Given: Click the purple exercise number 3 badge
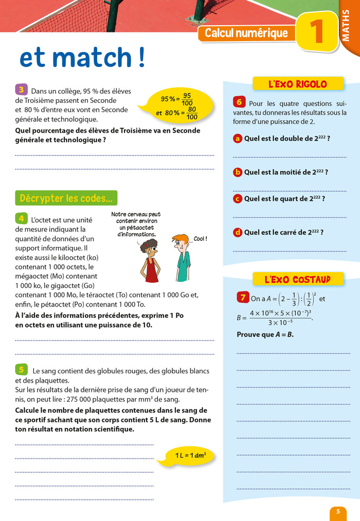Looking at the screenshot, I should (21, 89).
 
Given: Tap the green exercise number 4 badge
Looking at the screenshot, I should (21, 218).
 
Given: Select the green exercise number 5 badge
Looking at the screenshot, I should (21, 369).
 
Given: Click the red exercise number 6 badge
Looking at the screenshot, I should (239, 102).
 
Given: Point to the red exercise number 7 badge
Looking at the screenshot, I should (242, 297).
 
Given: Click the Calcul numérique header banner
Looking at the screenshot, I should (246, 33).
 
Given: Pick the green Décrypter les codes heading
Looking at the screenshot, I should (66, 198).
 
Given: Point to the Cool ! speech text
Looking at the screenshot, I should (200, 239).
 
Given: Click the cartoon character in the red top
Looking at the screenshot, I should (151, 260).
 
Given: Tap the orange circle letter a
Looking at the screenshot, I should (238, 138).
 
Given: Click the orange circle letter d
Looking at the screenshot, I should (238, 232).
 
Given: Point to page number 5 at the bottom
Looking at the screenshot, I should (338, 511).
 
